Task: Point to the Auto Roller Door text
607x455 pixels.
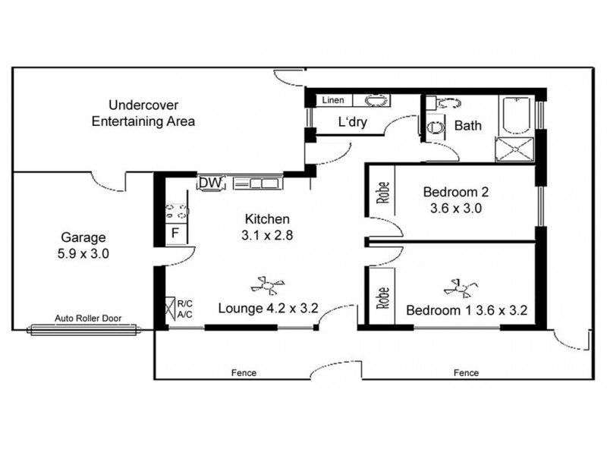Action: coord(87,318)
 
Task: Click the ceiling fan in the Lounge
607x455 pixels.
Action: coord(269,286)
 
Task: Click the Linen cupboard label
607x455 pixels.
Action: coord(334,100)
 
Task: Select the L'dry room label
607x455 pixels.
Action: coord(353,123)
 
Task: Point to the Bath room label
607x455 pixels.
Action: coord(467,126)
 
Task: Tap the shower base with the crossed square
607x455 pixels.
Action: coord(515,149)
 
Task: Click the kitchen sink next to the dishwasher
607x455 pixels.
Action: coord(257,183)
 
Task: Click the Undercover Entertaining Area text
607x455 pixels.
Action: coord(143,113)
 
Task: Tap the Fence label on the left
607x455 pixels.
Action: coord(244,373)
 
